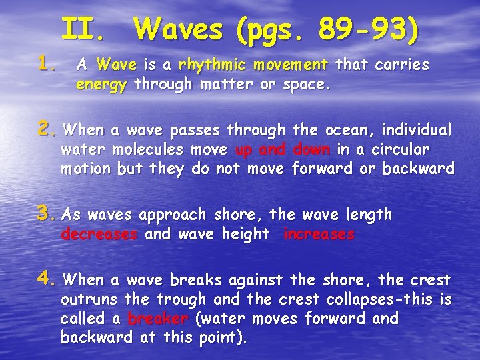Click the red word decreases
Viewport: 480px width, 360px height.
click(x=99, y=235)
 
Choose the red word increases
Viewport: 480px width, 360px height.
click(x=319, y=235)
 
